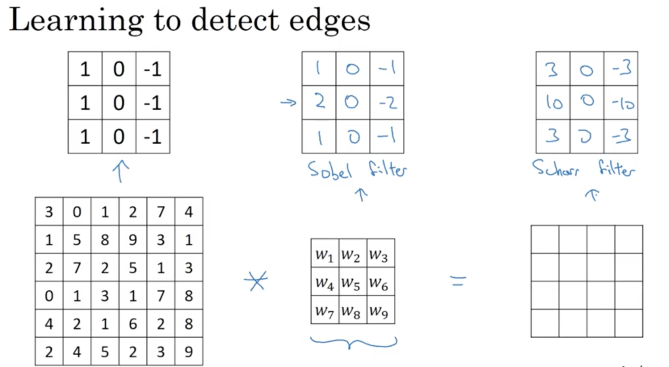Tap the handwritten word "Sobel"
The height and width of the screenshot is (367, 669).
pyautogui.click(x=330, y=170)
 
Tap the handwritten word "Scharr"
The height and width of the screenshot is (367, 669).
pyautogui.click(x=555, y=168)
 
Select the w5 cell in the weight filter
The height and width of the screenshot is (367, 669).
pyautogui.click(x=350, y=283)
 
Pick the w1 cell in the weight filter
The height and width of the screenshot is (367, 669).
pyautogui.click(x=324, y=255)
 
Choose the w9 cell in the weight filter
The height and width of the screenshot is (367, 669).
pyautogui.click(x=379, y=311)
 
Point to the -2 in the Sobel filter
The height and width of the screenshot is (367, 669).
pyautogui.click(x=387, y=102)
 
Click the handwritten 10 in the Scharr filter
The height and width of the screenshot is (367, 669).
pyautogui.click(x=553, y=102)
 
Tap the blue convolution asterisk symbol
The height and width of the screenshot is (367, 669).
pyautogui.click(x=256, y=280)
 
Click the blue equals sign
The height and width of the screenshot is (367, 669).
pyautogui.click(x=458, y=281)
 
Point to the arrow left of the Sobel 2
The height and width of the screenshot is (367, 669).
pyautogui.click(x=288, y=103)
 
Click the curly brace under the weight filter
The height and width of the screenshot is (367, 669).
pyautogui.click(x=353, y=343)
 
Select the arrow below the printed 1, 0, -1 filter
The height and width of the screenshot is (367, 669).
pyautogui.click(x=120, y=171)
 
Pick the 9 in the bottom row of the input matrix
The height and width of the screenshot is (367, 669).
pyautogui.click(x=189, y=352)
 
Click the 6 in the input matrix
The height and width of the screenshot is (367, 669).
pyautogui.click(x=133, y=324)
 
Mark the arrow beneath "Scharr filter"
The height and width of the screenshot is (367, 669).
pyautogui.click(x=592, y=195)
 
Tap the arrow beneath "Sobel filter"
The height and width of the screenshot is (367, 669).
pyautogui.click(x=361, y=194)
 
